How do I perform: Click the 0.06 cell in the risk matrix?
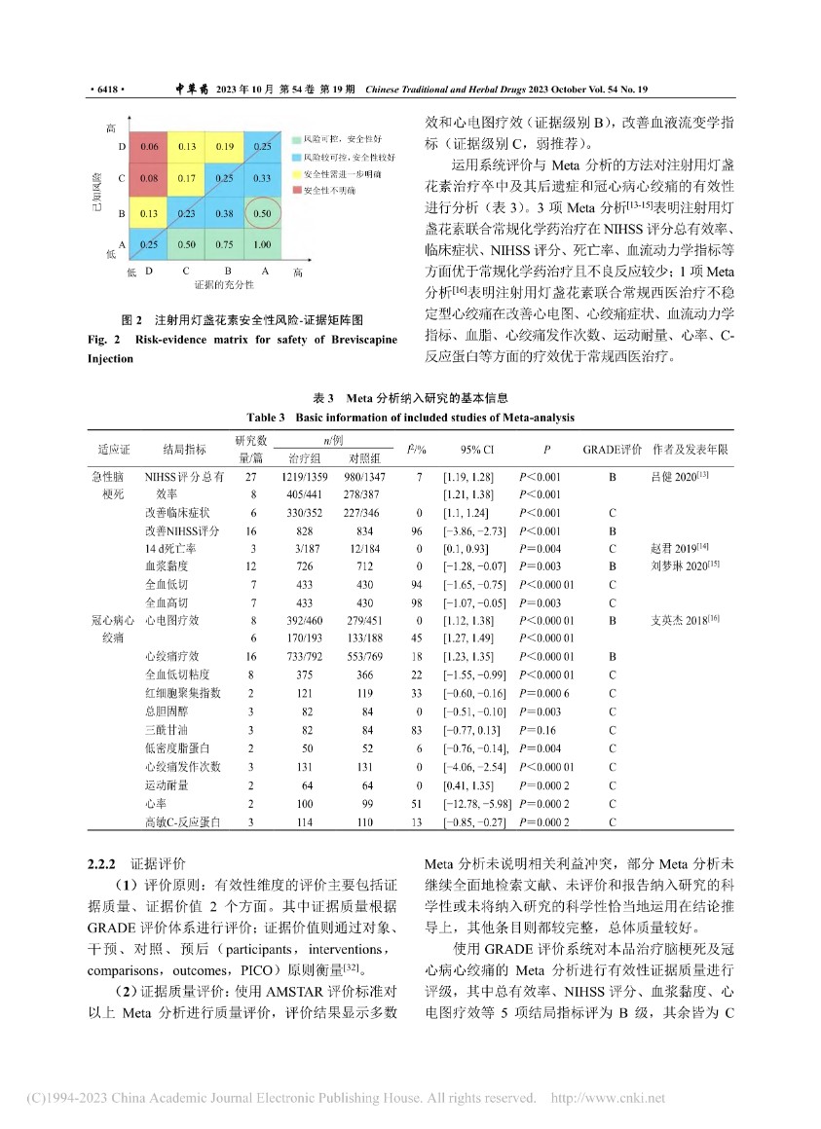149,147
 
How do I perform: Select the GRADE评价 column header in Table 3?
612,450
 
